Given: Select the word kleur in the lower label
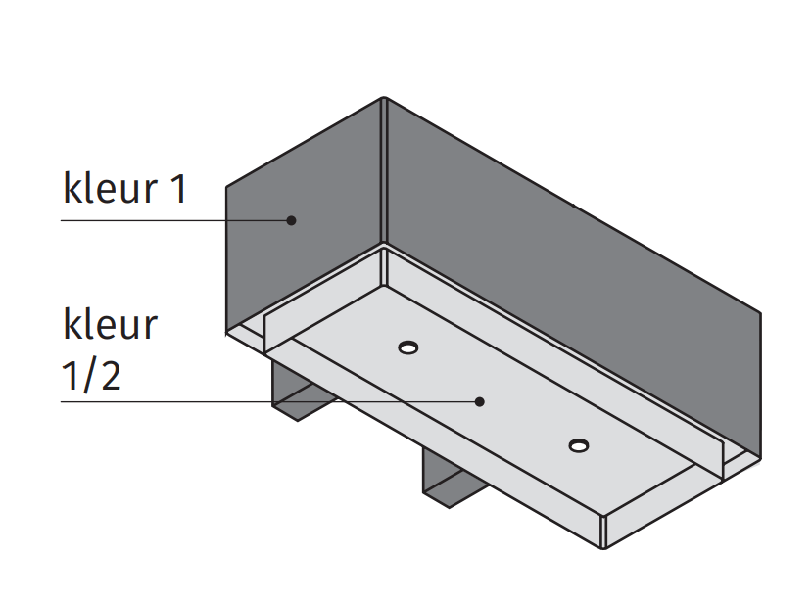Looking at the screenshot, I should (109, 324).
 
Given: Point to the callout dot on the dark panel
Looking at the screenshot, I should (291, 220).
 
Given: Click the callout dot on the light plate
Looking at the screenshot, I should (480, 400).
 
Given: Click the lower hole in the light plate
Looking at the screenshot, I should (579, 446).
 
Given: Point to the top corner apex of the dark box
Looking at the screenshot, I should (384, 98).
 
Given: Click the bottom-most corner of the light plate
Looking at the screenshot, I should (605, 544).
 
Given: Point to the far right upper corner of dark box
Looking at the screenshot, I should (759, 313).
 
